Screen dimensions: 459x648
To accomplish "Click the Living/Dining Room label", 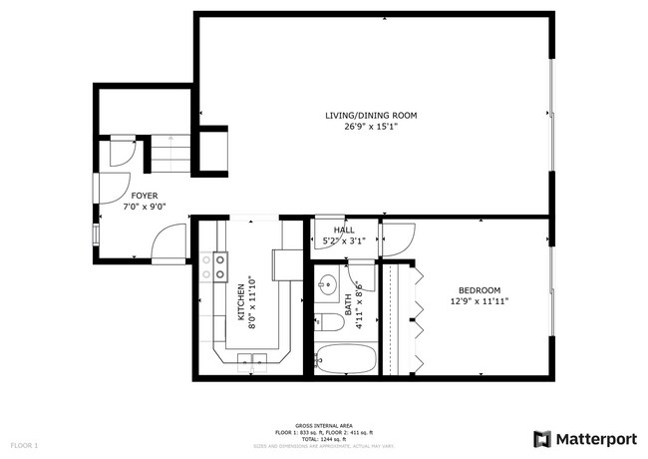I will pyautogui.click(x=371, y=116).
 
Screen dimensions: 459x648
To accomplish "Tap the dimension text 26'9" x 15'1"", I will pyautogui.click(x=371, y=127).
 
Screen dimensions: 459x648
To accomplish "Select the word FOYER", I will pyautogui.click(x=144, y=196).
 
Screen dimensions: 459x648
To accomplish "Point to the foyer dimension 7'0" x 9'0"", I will pyautogui.click(x=144, y=207).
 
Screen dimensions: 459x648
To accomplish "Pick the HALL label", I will pyautogui.click(x=344, y=230).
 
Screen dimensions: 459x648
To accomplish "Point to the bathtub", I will pyautogui.click(x=345, y=357).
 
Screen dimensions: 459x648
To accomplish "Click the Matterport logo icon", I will pyautogui.click(x=541, y=439).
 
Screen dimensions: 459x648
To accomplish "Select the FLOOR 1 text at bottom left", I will pyautogui.click(x=24, y=444).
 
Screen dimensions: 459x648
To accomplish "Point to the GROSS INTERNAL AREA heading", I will pyautogui.click(x=323, y=424).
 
